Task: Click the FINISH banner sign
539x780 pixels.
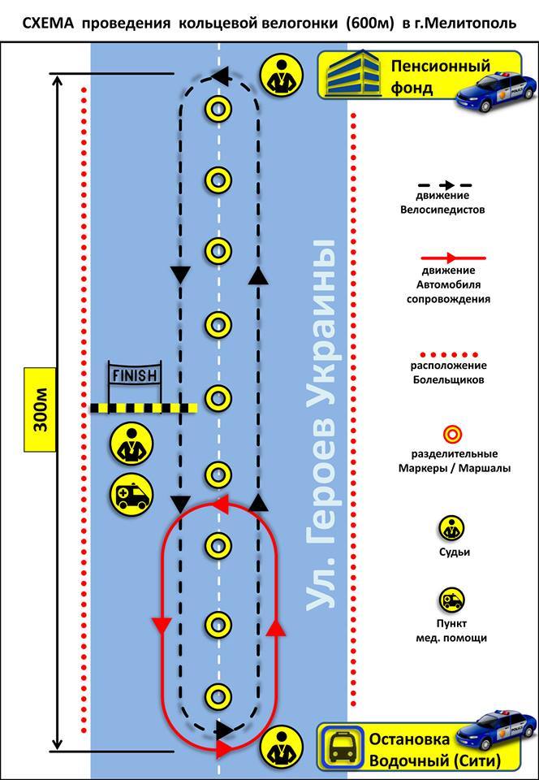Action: tap(135, 376)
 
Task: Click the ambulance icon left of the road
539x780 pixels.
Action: tap(131, 493)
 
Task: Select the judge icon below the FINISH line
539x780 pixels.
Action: tap(131, 443)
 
